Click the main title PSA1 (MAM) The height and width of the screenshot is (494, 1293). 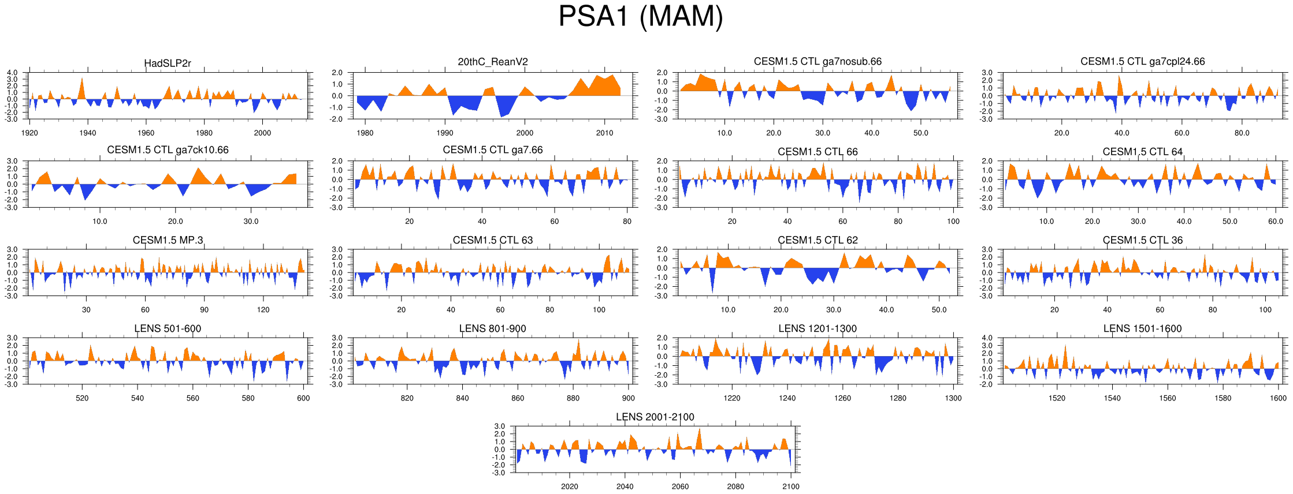640,16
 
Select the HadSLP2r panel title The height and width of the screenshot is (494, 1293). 168,63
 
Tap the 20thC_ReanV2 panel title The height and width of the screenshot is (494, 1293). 493,62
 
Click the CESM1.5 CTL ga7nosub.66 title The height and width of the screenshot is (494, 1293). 818,61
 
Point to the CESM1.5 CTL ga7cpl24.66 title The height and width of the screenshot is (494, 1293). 1142,61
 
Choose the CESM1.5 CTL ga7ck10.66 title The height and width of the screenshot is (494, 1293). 168,150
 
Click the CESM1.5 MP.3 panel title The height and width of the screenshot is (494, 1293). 168,240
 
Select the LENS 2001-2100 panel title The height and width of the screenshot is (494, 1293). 655,417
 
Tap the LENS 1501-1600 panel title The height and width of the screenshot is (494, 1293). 1142,328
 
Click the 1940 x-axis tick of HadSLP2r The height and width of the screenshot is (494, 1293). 88,133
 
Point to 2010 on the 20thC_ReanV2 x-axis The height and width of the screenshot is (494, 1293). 604,133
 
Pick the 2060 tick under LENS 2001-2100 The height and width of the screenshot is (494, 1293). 680,486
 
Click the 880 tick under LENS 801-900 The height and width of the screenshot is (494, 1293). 573,398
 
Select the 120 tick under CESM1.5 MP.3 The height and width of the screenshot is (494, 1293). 263,309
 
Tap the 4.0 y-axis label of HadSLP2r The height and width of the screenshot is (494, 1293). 12,73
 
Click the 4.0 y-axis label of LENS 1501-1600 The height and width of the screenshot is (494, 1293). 987,338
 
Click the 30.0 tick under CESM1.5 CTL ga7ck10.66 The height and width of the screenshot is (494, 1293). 251,221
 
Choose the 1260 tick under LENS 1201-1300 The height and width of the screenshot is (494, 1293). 842,398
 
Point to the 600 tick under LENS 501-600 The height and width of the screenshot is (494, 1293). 303,398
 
